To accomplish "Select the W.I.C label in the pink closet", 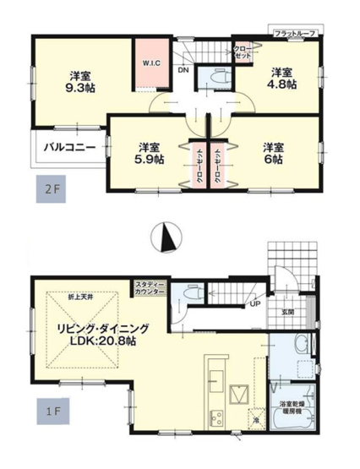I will click(x=151, y=62).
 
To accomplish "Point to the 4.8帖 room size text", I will click(x=283, y=85).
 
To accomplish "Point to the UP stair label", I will click(x=255, y=304).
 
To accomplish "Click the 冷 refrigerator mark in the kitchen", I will click(x=253, y=419).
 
